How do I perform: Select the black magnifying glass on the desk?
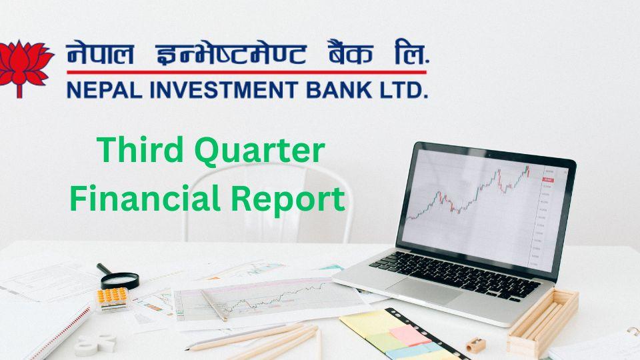tap(120, 276)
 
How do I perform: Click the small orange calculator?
tap(112, 297)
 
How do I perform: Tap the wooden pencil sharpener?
tap(475, 345)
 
